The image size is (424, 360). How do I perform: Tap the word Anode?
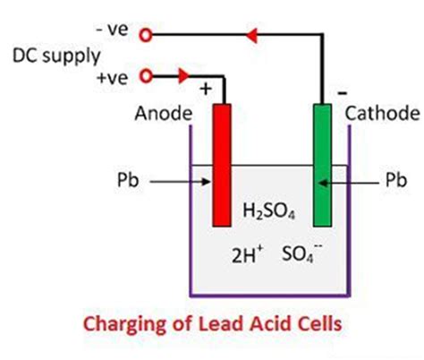(x=162, y=114)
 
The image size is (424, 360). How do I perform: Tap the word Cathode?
(x=380, y=114)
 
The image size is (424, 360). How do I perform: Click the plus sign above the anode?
(x=207, y=90)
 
